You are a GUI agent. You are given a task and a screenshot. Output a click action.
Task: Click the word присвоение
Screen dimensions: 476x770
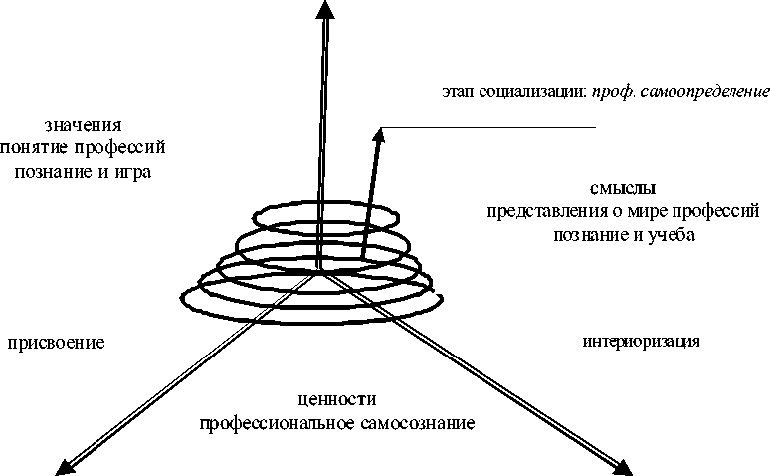pyautogui.click(x=57, y=343)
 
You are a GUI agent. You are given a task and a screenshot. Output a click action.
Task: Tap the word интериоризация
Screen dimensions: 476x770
pyautogui.click(x=642, y=342)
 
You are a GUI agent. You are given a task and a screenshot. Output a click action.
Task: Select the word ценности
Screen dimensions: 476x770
pyautogui.click(x=336, y=400)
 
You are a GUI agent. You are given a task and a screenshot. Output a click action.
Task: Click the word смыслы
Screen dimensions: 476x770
pyautogui.click(x=621, y=187)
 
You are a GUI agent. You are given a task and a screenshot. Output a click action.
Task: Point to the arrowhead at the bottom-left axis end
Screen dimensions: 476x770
pyautogui.click(x=65, y=464)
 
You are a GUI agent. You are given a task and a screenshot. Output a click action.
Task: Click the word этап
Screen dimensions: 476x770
pyautogui.click(x=460, y=92)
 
